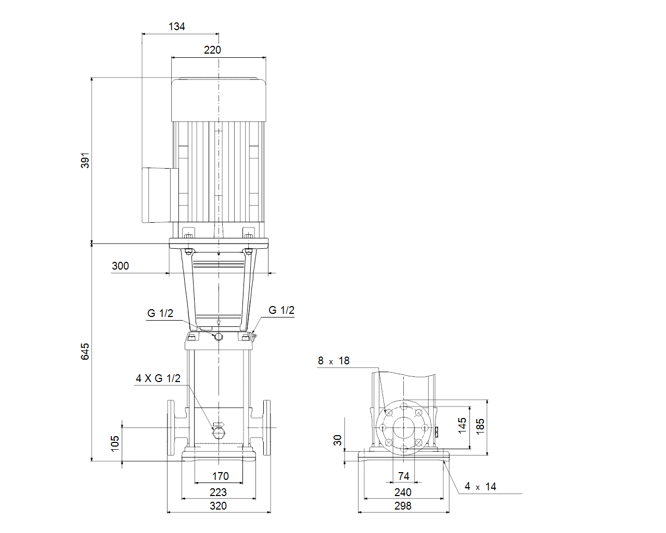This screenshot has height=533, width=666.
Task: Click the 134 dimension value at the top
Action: tap(177, 27)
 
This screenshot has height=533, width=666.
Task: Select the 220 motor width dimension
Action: tap(212, 50)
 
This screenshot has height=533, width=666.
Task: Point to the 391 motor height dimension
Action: tap(85, 160)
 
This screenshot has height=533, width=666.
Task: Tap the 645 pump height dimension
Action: tap(85, 351)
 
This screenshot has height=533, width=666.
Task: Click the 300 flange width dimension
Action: tap(120, 266)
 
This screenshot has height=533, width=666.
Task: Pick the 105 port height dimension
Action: tap(115, 444)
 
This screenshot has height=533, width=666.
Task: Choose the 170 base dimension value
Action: tap(220, 476)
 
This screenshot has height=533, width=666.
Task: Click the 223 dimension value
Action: tap(218, 492)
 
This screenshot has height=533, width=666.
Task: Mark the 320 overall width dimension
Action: tap(218, 506)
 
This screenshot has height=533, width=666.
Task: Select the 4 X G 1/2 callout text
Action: tap(158, 378)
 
